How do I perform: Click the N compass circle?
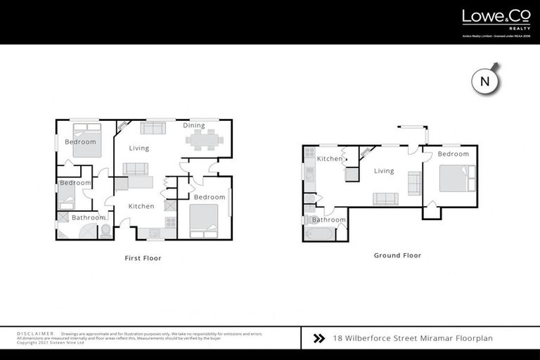[484, 81]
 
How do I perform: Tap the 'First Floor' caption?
[143, 258]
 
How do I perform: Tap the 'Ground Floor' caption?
[397, 255]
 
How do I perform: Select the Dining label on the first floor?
[194, 126]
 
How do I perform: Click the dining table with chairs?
[205, 139]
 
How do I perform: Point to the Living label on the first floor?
[139, 148]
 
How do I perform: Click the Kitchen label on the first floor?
[141, 206]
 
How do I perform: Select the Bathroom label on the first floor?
[88, 218]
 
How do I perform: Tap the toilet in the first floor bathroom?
[105, 231]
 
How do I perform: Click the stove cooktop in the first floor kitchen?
[169, 222]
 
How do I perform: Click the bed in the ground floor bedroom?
[456, 177]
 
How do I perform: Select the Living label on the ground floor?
[384, 171]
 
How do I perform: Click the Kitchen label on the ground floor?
[329, 159]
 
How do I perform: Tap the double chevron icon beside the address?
[318, 338]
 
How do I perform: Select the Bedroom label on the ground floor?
[453, 154]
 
